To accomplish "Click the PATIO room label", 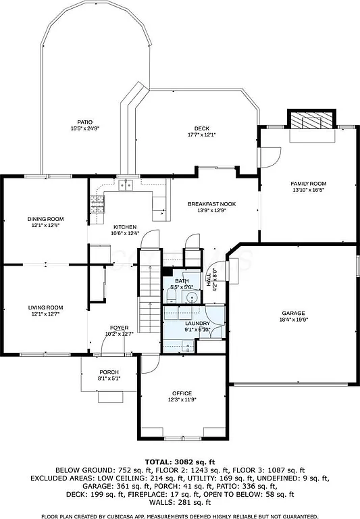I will [x=85, y=122].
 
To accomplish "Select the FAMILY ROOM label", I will [x=308, y=184].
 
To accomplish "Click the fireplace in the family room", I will [x=312, y=122].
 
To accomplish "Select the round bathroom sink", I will [x=192, y=297].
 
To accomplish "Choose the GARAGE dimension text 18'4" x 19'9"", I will [x=294, y=320].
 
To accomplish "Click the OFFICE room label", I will [x=182, y=393].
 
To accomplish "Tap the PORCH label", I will [x=109, y=372].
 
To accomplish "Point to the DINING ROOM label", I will [x=45, y=218].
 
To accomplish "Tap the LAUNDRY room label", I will [x=197, y=324].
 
